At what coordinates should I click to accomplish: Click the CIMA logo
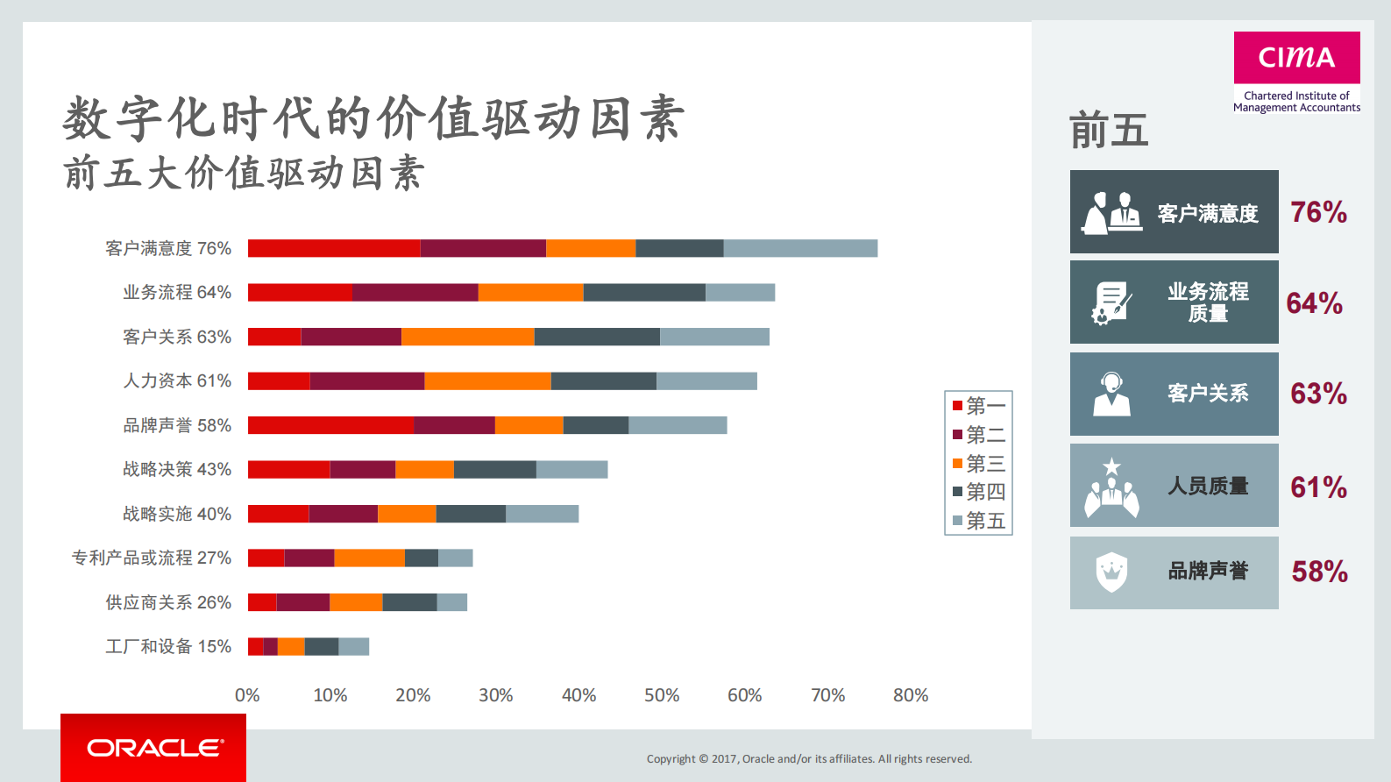coord(1296,58)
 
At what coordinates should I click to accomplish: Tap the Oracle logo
coord(154,748)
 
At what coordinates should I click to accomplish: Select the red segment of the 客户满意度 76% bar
coord(333,248)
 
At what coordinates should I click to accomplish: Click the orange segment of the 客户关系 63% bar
coord(467,337)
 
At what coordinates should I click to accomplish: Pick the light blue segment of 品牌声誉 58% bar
coord(677,425)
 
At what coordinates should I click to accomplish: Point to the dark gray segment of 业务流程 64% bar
coord(644,292)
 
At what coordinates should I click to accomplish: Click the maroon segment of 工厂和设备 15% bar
coord(270,647)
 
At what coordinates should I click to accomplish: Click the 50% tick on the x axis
coord(662,695)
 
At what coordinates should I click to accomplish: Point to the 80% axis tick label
coord(910,695)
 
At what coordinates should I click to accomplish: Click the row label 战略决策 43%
coord(176,469)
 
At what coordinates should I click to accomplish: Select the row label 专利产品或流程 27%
coord(151,558)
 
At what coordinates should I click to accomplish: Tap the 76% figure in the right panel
coord(1318,212)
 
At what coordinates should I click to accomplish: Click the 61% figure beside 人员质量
coord(1318,487)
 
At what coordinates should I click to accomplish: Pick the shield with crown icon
coord(1111,572)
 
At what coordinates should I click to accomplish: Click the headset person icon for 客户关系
coord(1111,394)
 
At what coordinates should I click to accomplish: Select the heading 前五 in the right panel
coord(1109,131)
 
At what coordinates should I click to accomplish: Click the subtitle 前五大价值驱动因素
coord(244,173)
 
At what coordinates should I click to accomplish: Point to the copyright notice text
coord(809,759)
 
